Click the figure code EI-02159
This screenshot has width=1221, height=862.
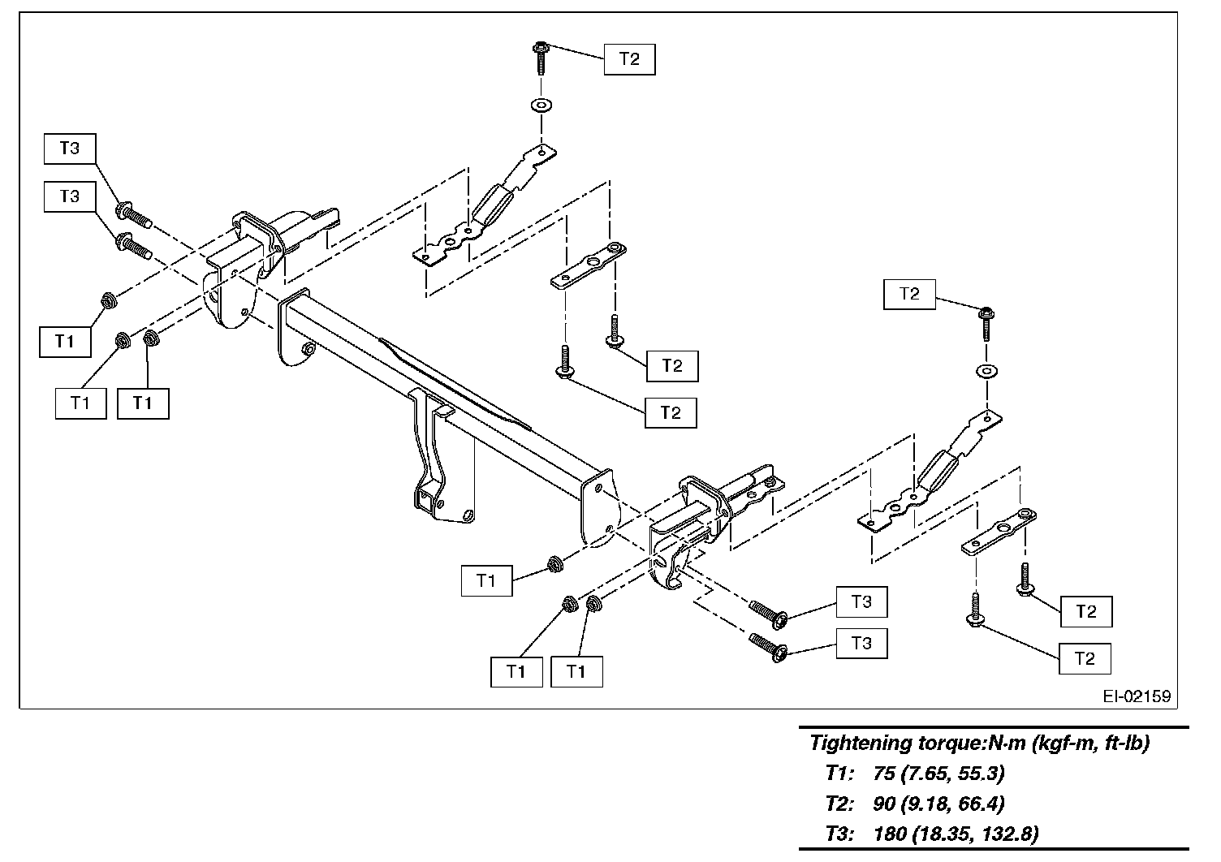1137,696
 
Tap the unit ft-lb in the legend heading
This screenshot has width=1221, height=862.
1124,743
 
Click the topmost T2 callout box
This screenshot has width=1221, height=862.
629,58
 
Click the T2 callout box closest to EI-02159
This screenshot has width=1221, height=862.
1085,658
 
